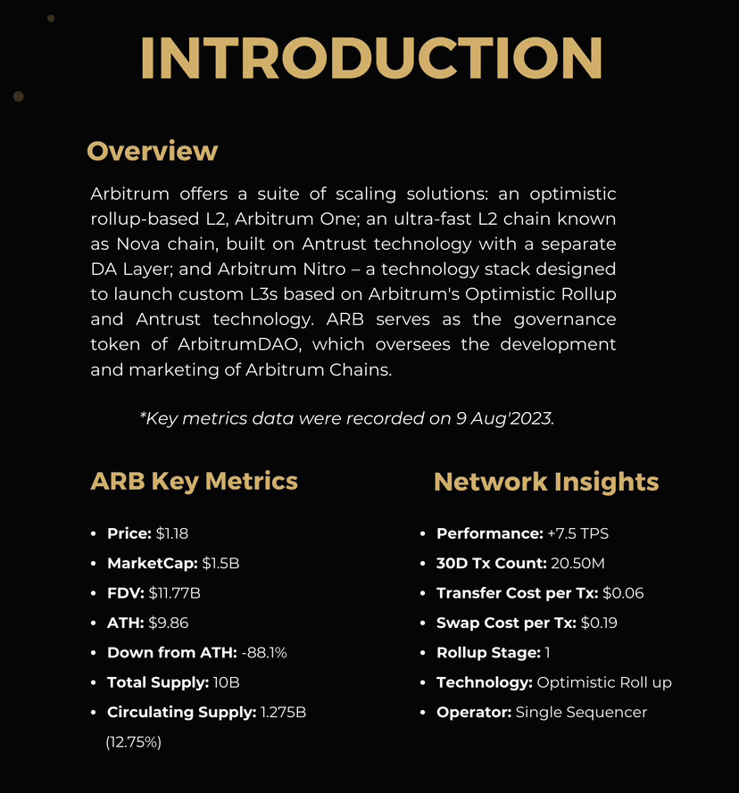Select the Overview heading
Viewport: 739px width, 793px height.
coord(152,151)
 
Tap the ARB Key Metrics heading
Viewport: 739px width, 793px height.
coord(194,482)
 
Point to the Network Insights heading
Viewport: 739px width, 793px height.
coord(546,483)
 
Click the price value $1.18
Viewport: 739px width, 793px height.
coord(171,533)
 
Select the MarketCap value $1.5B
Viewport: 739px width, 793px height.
coord(220,564)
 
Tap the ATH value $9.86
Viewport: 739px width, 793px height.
coord(169,623)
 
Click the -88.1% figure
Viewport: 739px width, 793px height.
coord(264,653)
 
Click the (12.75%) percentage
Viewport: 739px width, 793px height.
coord(133,742)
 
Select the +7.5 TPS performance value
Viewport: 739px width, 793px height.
coord(577,533)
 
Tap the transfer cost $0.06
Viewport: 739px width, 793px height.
coord(623,593)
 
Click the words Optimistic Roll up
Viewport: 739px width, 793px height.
coord(604,682)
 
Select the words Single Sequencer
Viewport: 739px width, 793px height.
coord(581,712)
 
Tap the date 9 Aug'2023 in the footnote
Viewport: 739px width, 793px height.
coord(503,418)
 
